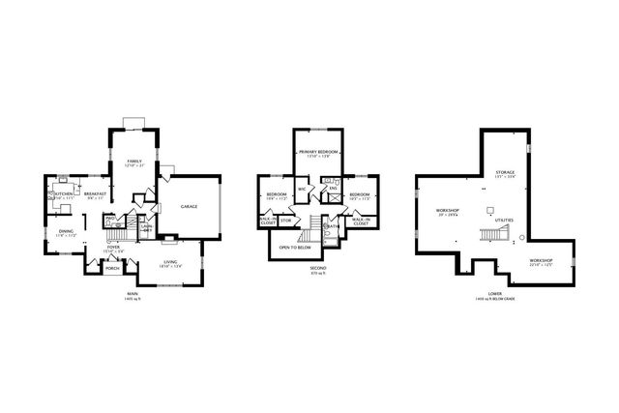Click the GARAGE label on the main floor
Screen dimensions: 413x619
[x=189, y=207]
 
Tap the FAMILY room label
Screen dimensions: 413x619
[x=133, y=161]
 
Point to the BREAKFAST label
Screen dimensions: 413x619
[x=95, y=193]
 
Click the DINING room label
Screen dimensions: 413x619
[x=65, y=231]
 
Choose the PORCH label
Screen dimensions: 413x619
[x=98, y=268]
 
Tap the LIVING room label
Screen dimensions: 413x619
[x=170, y=261]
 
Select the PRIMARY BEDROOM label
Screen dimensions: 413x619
[x=318, y=152]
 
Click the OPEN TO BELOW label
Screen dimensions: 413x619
[x=294, y=248]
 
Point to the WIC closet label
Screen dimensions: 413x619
[x=302, y=188]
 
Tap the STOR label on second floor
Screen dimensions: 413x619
[x=286, y=221]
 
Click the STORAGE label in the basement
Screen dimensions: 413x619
[x=505, y=171]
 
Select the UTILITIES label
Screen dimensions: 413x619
[x=504, y=220]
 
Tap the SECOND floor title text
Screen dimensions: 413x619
[x=317, y=267]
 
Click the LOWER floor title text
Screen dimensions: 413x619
[x=494, y=294]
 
